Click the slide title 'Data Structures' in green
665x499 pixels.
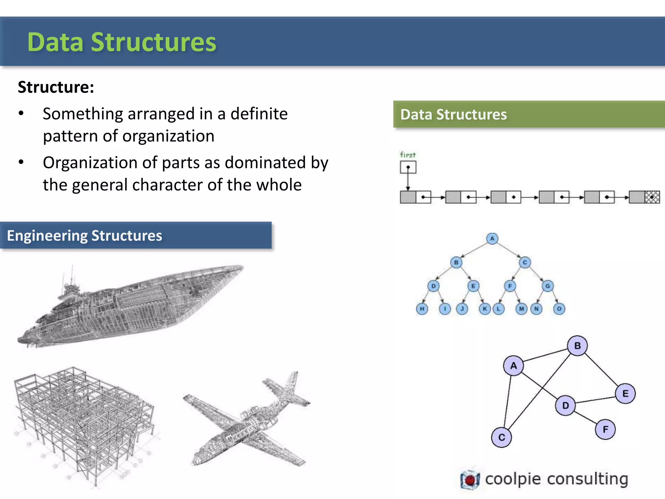tap(122, 42)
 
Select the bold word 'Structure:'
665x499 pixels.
tap(56, 87)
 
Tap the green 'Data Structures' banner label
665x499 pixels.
tap(453, 115)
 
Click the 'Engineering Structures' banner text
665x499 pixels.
tap(84, 236)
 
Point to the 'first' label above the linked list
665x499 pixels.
tap(408, 155)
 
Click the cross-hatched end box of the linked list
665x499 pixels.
tap(652, 197)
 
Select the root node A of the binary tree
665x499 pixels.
tap(492, 239)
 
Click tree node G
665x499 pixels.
tap(547, 286)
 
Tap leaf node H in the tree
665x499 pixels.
tap(422, 309)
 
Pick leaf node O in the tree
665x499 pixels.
tap(559, 309)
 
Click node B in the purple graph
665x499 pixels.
tap(577, 346)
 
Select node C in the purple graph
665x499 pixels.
tap(501, 437)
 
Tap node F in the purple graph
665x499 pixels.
tap(605, 429)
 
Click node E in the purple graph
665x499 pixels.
tap(625, 394)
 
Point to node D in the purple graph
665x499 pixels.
tap(565, 405)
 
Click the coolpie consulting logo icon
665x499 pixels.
tap(470, 479)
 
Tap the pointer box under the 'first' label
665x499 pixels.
tap(408, 168)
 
